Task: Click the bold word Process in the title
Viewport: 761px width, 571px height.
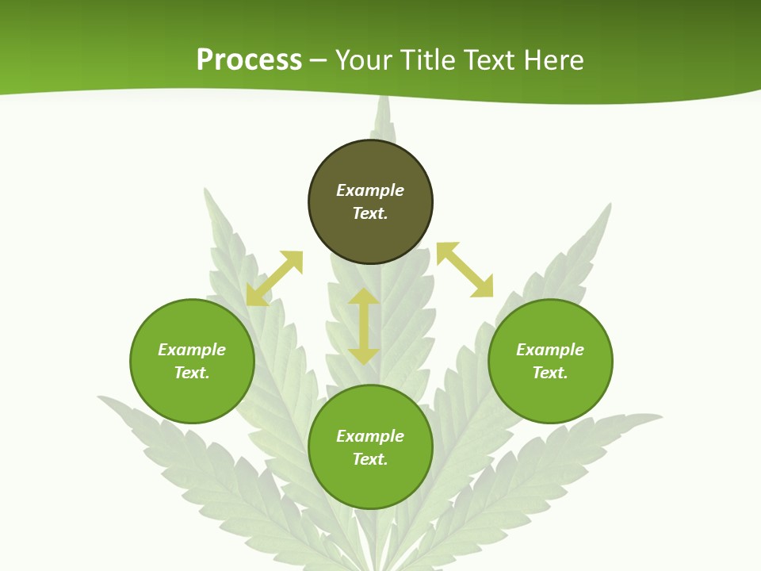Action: point(249,60)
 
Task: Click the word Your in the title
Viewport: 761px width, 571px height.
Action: point(365,60)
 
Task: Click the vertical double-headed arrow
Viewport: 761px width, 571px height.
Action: point(364,327)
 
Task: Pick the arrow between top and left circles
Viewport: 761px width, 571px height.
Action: point(274,278)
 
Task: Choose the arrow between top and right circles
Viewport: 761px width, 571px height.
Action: point(465,270)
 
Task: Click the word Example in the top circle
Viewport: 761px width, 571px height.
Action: point(370,190)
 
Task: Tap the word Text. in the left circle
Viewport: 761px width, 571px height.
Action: point(192,373)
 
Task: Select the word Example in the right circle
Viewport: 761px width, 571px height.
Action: point(550,350)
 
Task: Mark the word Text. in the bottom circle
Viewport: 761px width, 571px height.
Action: point(370,459)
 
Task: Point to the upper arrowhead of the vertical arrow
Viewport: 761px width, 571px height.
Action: point(364,297)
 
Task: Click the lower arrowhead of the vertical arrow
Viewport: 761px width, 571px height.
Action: point(364,356)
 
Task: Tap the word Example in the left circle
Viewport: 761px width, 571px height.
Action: point(192,350)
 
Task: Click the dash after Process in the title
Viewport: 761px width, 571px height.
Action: point(319,60)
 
